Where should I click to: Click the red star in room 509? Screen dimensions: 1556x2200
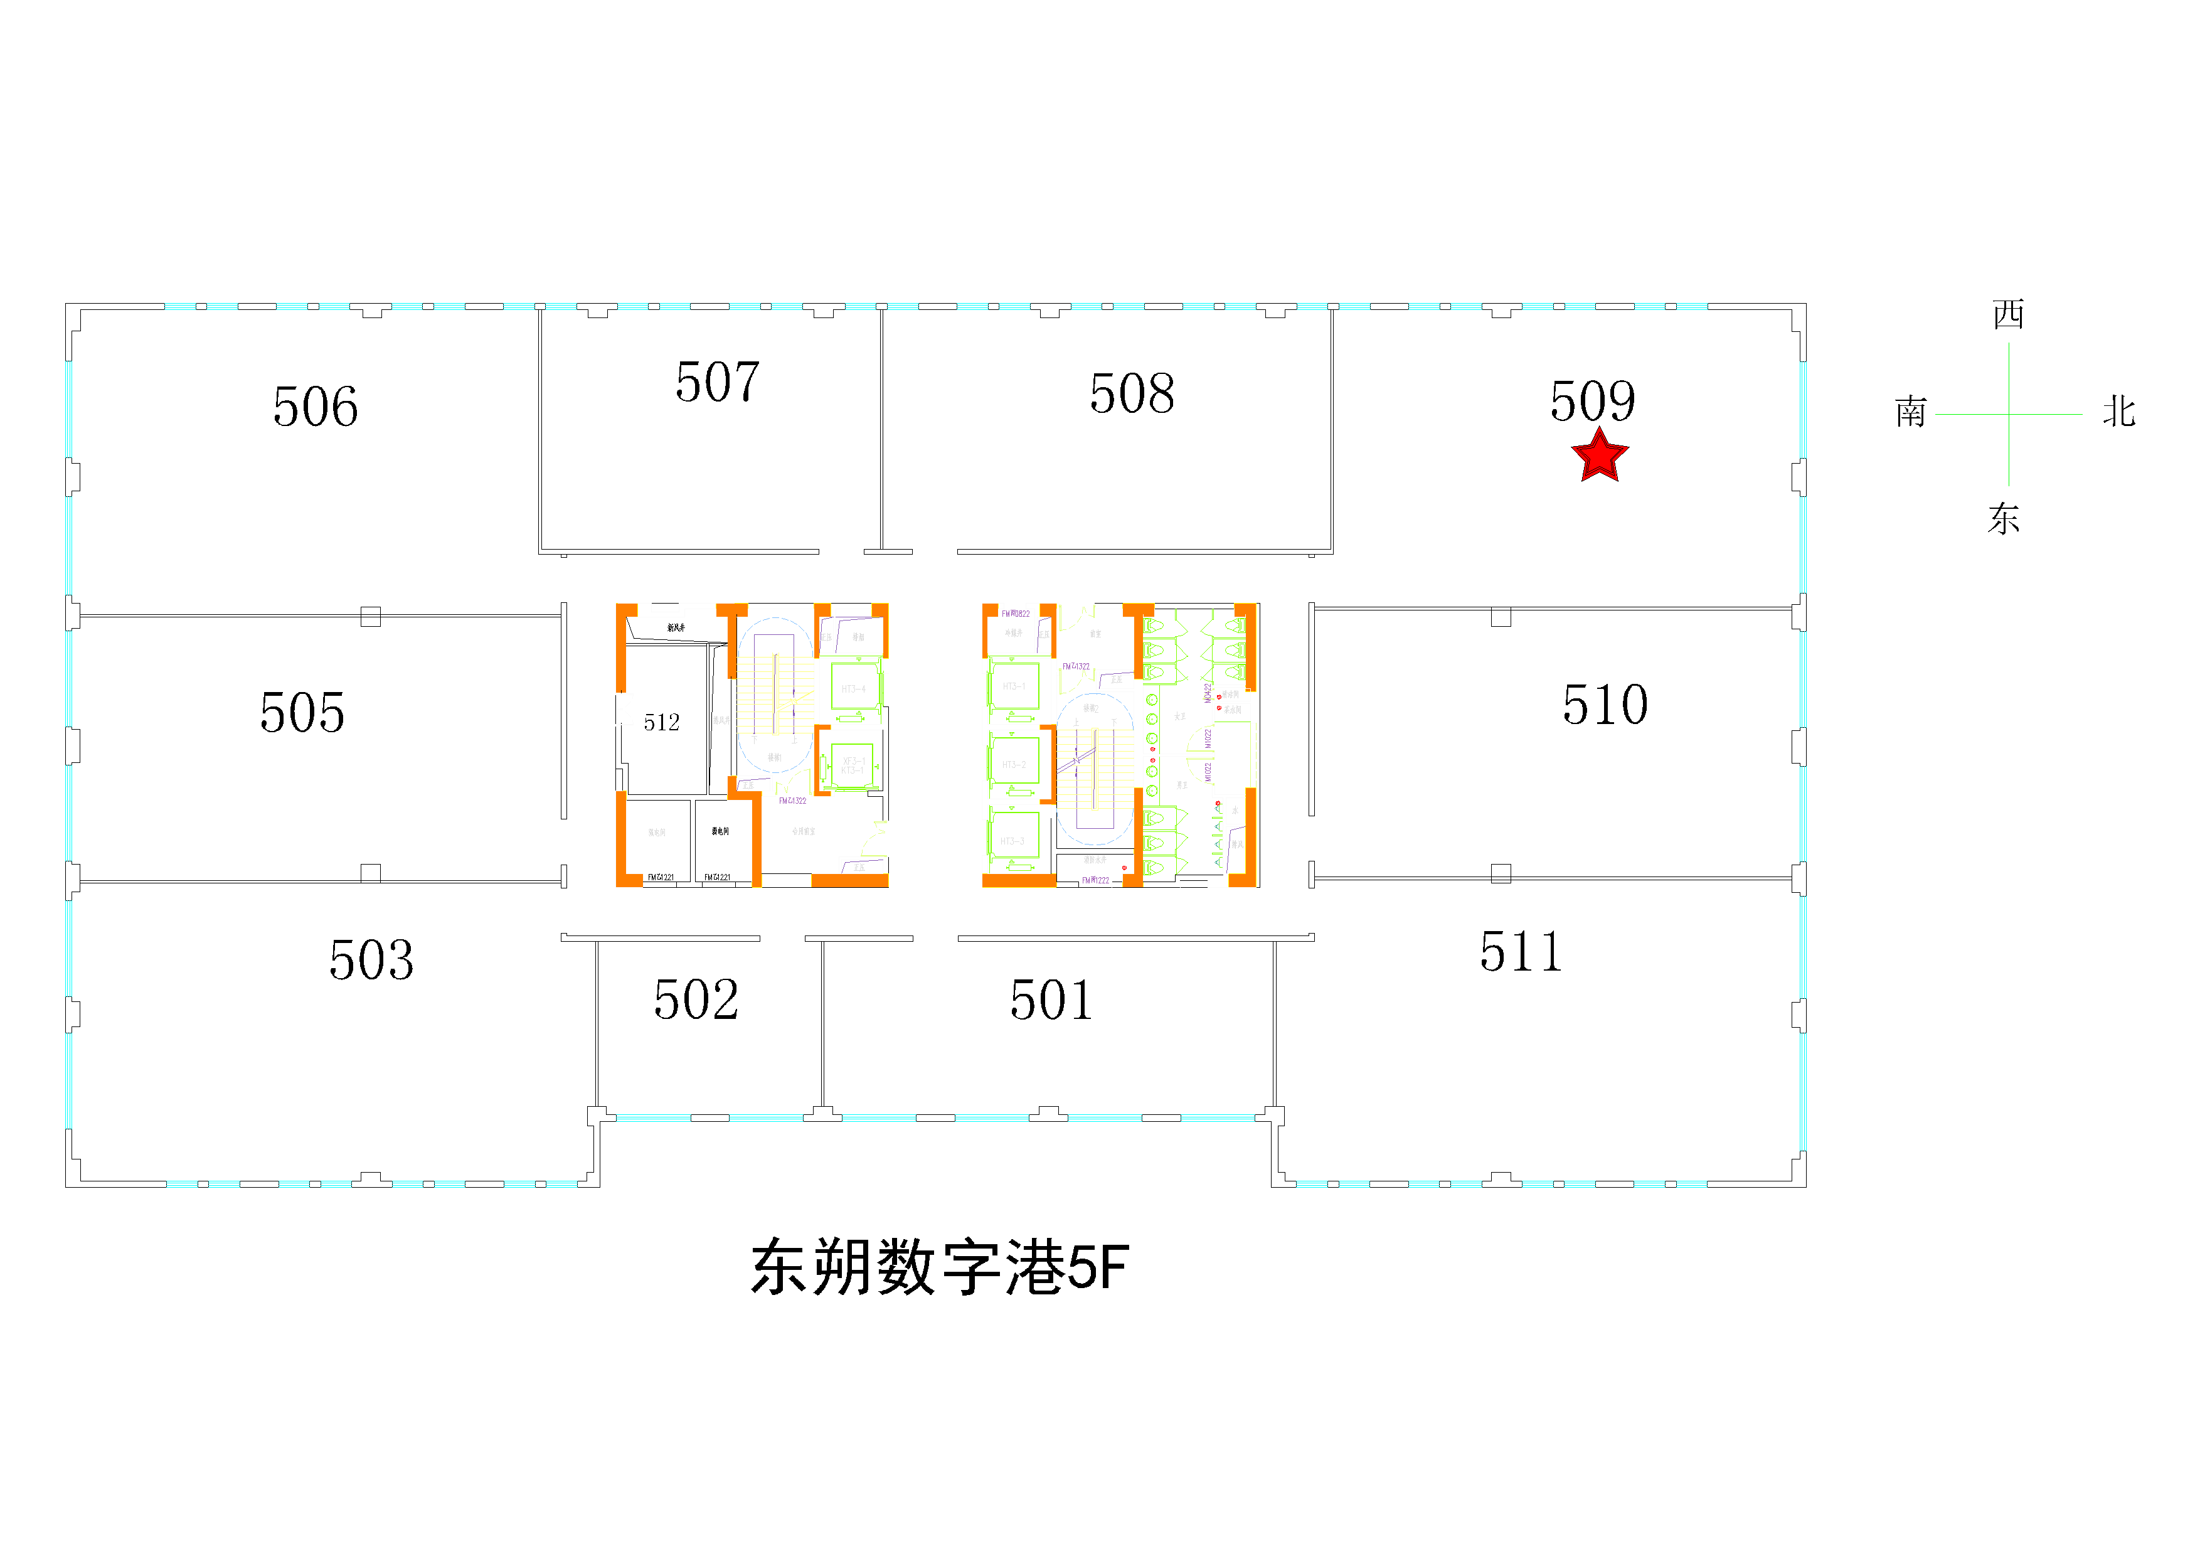point(1599,456)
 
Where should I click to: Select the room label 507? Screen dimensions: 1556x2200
point(718,381)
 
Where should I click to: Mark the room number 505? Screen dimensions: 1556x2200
point(302,712)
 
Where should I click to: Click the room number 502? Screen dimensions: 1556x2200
point(696,999)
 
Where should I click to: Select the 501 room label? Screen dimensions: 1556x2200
point(1051,999)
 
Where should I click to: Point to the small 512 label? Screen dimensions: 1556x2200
point(661,722)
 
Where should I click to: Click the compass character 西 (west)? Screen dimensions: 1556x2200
point(2009,314)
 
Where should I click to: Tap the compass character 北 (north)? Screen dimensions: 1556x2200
point(2118,412)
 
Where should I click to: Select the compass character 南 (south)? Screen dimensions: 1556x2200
point(1911,412)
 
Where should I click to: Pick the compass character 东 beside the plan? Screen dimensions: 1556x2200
point(2004,518)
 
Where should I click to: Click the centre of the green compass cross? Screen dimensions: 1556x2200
point(2009,415)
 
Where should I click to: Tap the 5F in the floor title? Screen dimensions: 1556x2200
point(1098,1267)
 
